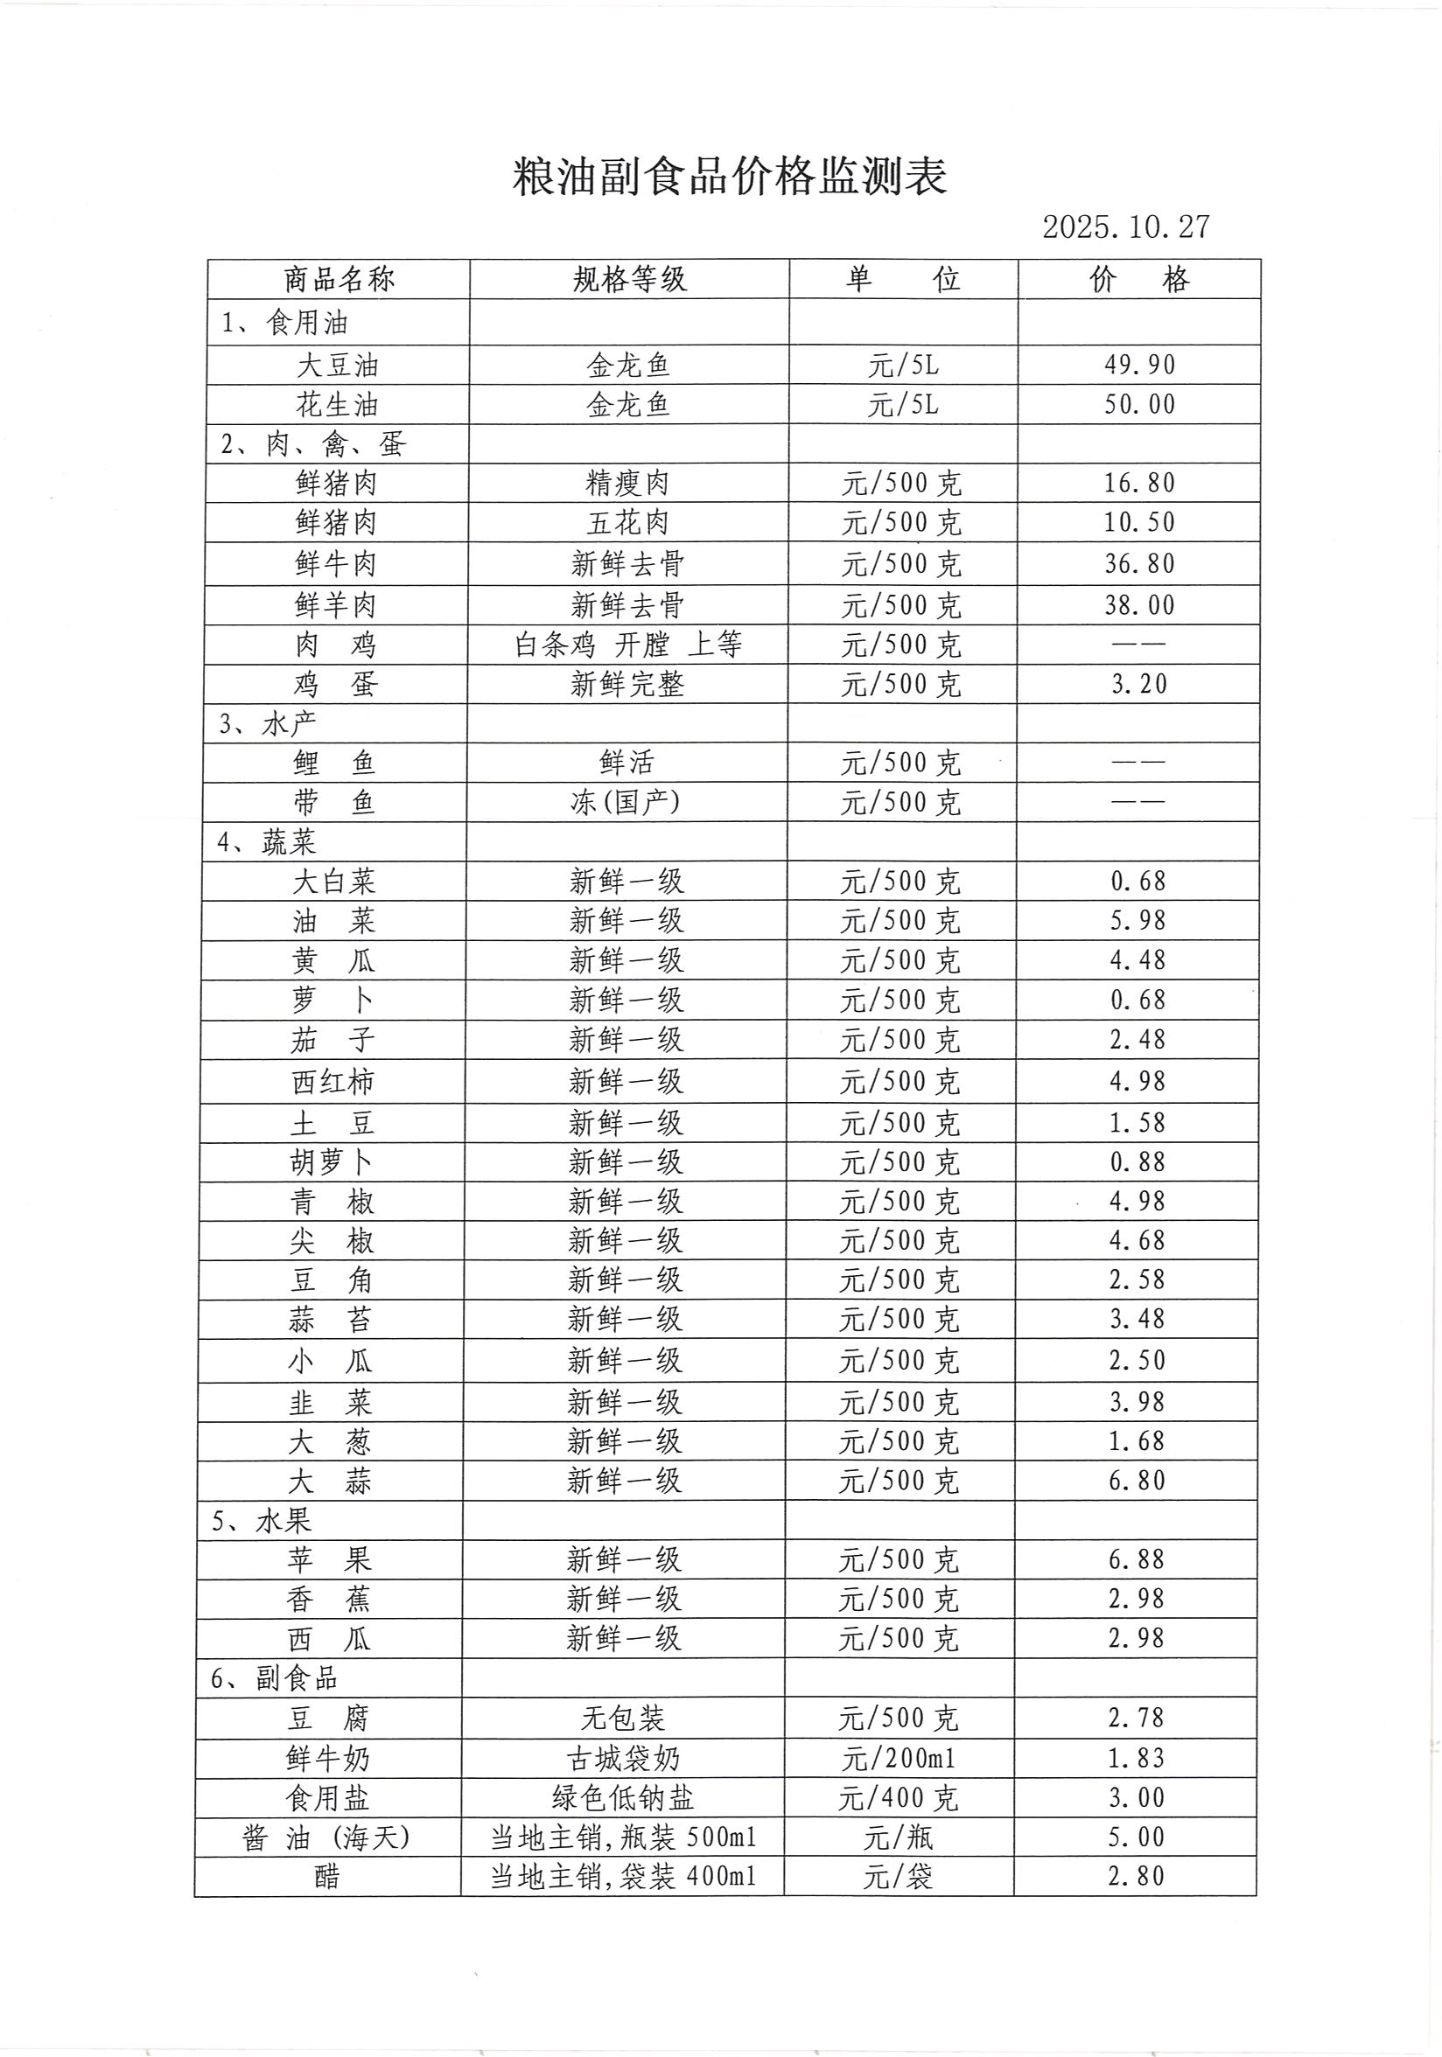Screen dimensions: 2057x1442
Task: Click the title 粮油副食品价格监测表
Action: tap(729, 177)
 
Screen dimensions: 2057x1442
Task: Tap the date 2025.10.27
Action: tap(1124, 227)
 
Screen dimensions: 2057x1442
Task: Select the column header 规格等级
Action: tap(629, 280)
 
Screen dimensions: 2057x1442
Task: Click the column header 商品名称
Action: tap(339, 280)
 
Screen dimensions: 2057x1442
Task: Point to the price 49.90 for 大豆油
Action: tap(1138, 365)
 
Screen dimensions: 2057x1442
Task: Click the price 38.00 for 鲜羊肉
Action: tap(1138, 605)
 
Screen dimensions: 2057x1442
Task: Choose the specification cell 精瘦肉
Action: tap(627, 484)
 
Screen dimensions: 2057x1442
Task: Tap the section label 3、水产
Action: tap(267, 723)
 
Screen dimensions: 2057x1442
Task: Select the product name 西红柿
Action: tap(332, 1082)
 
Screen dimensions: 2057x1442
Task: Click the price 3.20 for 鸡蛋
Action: tap(1138, 685)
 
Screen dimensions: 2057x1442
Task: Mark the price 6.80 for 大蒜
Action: tap(1137, 1481)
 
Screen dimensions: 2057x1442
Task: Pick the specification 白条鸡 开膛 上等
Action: tap(627, 645)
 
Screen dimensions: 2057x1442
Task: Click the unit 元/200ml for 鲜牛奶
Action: tap(898, 1759)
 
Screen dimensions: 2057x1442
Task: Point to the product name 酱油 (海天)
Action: tap(326, 1838)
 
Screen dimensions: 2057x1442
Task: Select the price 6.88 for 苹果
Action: tap(1137, 1559)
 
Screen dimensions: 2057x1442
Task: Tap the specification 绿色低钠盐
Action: tap(623, 1798)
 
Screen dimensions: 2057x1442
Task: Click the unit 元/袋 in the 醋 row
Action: tap(898, 1877)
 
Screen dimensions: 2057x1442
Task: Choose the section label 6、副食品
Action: tap(274, 1678)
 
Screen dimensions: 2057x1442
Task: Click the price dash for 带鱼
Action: tap(1138, 802)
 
